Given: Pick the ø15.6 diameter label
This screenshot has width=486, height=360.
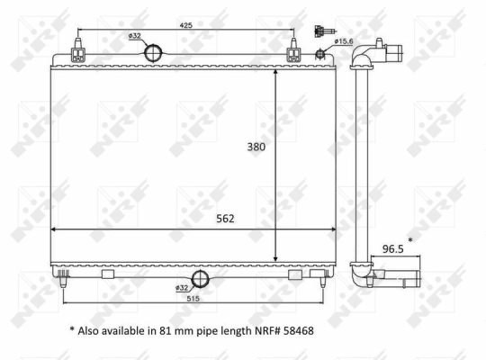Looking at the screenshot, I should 344,41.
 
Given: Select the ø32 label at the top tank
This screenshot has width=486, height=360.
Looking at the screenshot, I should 135,36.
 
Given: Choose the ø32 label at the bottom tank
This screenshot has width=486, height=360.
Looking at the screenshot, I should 183,287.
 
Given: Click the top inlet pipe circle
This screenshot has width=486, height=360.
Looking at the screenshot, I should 156,53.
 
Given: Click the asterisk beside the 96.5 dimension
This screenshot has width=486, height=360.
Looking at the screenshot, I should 410,240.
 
